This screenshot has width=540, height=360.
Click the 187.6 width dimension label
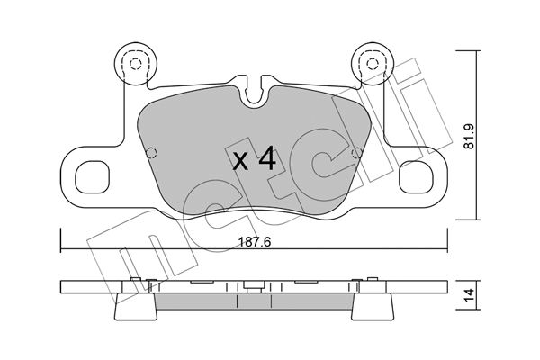pyautogui.click(x=255, y=242)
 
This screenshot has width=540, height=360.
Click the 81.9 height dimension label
pyautogui.click(x=469, y=137)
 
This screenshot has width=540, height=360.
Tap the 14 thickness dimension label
pyautogui.click(x=469, y=295)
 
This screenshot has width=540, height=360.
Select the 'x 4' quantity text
pyautogui.click(x=254, y=159)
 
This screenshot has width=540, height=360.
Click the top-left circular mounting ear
pyautogui.click(x=136, y=64)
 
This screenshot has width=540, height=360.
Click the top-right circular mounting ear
pyautogui.click(x=372, y=64)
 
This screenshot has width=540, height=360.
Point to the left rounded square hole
pyautogui.click(x=93, y=176)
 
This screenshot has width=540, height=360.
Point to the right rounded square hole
pyautogui.click(x=416, y=176)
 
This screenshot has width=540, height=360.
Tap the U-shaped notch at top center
pyautogui.click(x=254, y=90)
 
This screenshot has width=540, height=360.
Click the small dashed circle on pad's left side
pyautogui.click(x=151, y=153)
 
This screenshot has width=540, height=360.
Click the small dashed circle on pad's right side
pyautogui.click(x=357, y=153)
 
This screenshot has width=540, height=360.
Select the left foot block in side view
pyautogui.click(x=136, y=307)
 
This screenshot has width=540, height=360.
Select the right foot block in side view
pyautogui.click(x=373, y=307)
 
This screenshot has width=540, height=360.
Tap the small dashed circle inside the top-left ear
pyautogui.click(x=136, y=64)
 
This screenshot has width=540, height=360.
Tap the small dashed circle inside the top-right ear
pyautogui.click(x=372, y=64)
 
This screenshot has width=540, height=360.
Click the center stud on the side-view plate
pyautogui.click(x=254, y=286)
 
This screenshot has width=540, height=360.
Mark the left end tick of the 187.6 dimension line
pyautogui.click(x=60, y=239)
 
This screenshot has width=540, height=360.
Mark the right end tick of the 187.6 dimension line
pyautogui.click(x=447, y=239)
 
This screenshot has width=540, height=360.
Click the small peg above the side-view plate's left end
pyautogui.click(x=135, y=279)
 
